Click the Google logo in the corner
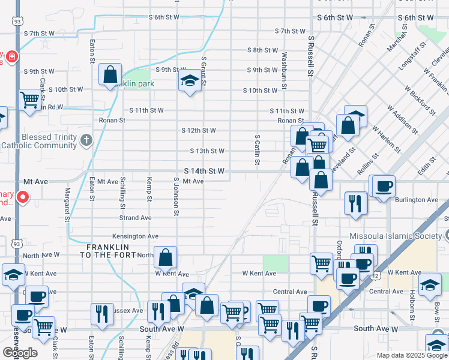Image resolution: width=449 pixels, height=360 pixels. tap(20, 353)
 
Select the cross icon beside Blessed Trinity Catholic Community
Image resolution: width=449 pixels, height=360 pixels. tap(86, 142)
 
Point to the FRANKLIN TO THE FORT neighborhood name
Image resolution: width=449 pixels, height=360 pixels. tap(107, 251)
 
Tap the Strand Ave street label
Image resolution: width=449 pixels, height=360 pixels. tap(135, 218)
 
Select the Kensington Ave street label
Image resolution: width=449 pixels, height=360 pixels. tap(134, 236)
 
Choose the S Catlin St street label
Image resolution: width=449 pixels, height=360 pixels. tap(257, 150)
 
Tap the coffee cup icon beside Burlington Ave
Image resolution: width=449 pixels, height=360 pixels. tap(384, 185)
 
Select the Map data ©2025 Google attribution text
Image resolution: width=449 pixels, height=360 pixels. tap(411, 355)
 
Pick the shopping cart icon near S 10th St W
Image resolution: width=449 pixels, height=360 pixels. tap(29, 100)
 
